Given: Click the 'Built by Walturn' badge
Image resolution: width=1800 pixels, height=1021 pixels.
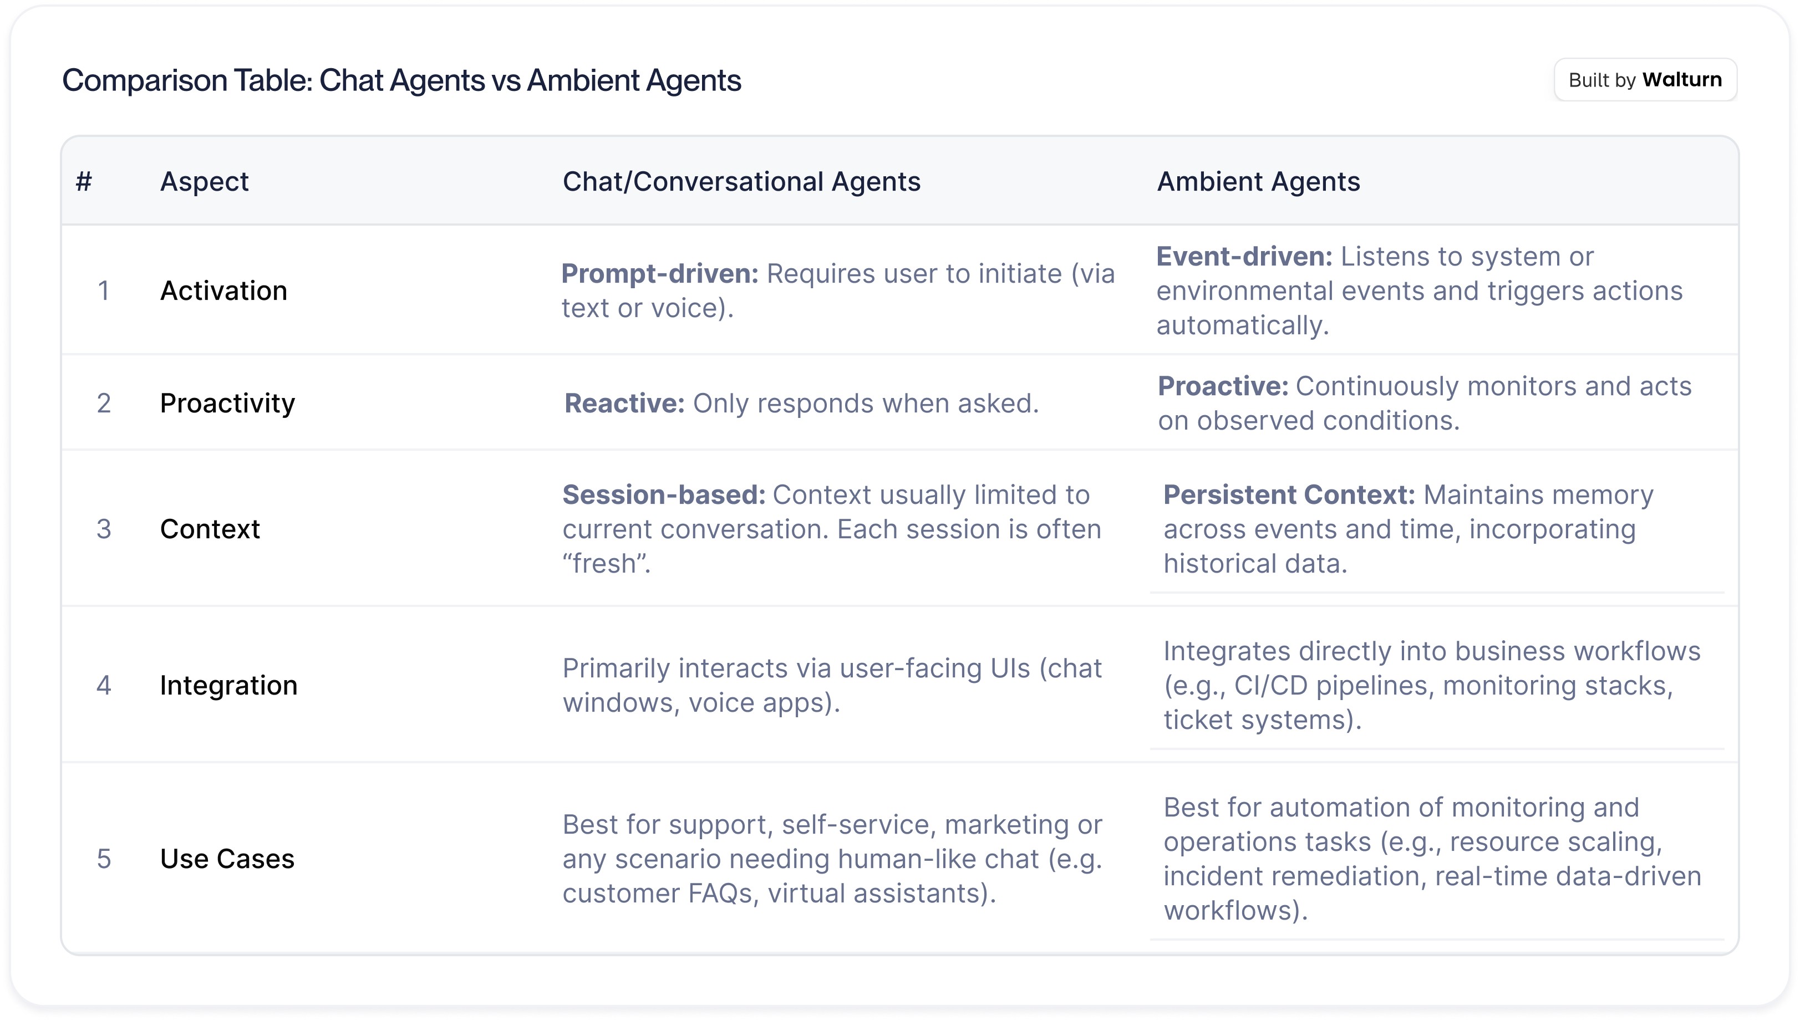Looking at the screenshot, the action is [1645, 80].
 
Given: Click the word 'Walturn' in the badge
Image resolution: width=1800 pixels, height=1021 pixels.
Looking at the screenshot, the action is [1681, 80].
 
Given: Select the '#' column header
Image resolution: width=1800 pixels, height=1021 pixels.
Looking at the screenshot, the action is [84, 182].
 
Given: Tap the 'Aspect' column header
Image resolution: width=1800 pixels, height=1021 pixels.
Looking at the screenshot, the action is [204, 182].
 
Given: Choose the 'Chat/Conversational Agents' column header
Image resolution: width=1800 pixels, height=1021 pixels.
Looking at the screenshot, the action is [741, 182].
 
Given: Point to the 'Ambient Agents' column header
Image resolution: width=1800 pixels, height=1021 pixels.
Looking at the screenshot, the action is [1258, 182].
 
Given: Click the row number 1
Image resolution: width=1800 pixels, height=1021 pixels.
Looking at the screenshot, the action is [104, 290].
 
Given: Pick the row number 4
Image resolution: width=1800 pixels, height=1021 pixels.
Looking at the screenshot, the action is [104, 685].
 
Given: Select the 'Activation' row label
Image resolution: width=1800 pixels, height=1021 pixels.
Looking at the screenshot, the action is [224, 290].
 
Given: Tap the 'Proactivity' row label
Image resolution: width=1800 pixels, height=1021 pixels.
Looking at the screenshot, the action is [227, 403].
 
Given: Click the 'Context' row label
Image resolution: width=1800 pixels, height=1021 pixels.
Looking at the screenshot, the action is [210, 529].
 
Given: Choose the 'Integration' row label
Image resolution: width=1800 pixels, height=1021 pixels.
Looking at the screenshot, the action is [228, 686].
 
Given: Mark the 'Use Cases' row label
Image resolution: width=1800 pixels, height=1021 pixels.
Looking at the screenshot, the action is [227, 859].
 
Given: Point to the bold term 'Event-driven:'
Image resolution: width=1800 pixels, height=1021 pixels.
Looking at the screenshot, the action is [1244, 257].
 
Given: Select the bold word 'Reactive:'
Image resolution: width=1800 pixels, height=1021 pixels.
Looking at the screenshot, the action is [624, 403].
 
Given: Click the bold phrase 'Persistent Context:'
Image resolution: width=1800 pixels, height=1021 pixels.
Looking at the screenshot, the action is [1289, 495].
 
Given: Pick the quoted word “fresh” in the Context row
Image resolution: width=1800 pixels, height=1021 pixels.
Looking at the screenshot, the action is [604, 563].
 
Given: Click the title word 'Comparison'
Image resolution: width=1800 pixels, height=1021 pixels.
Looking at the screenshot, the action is [187, 80].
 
